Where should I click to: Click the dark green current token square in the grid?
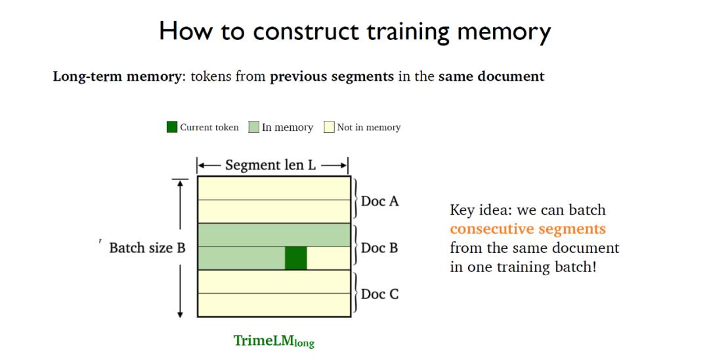point(295,258)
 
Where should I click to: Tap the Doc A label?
point(379,201)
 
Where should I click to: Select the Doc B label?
point(379,248)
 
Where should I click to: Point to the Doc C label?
point(379,294)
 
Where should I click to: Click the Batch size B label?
point(147,248)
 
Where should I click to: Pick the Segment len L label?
point(270,165)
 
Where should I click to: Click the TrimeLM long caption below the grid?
point(274,341)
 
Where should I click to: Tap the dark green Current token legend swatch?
point(172,127)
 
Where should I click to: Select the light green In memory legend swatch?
point(253,127)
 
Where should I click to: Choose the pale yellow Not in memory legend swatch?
point(329,127)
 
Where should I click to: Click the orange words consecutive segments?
point(527,229)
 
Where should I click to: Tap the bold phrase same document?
point(491,76)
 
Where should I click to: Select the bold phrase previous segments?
point(332,76)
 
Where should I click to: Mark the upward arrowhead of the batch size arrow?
point(179,183)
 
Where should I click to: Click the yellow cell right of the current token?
point(328,258)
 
